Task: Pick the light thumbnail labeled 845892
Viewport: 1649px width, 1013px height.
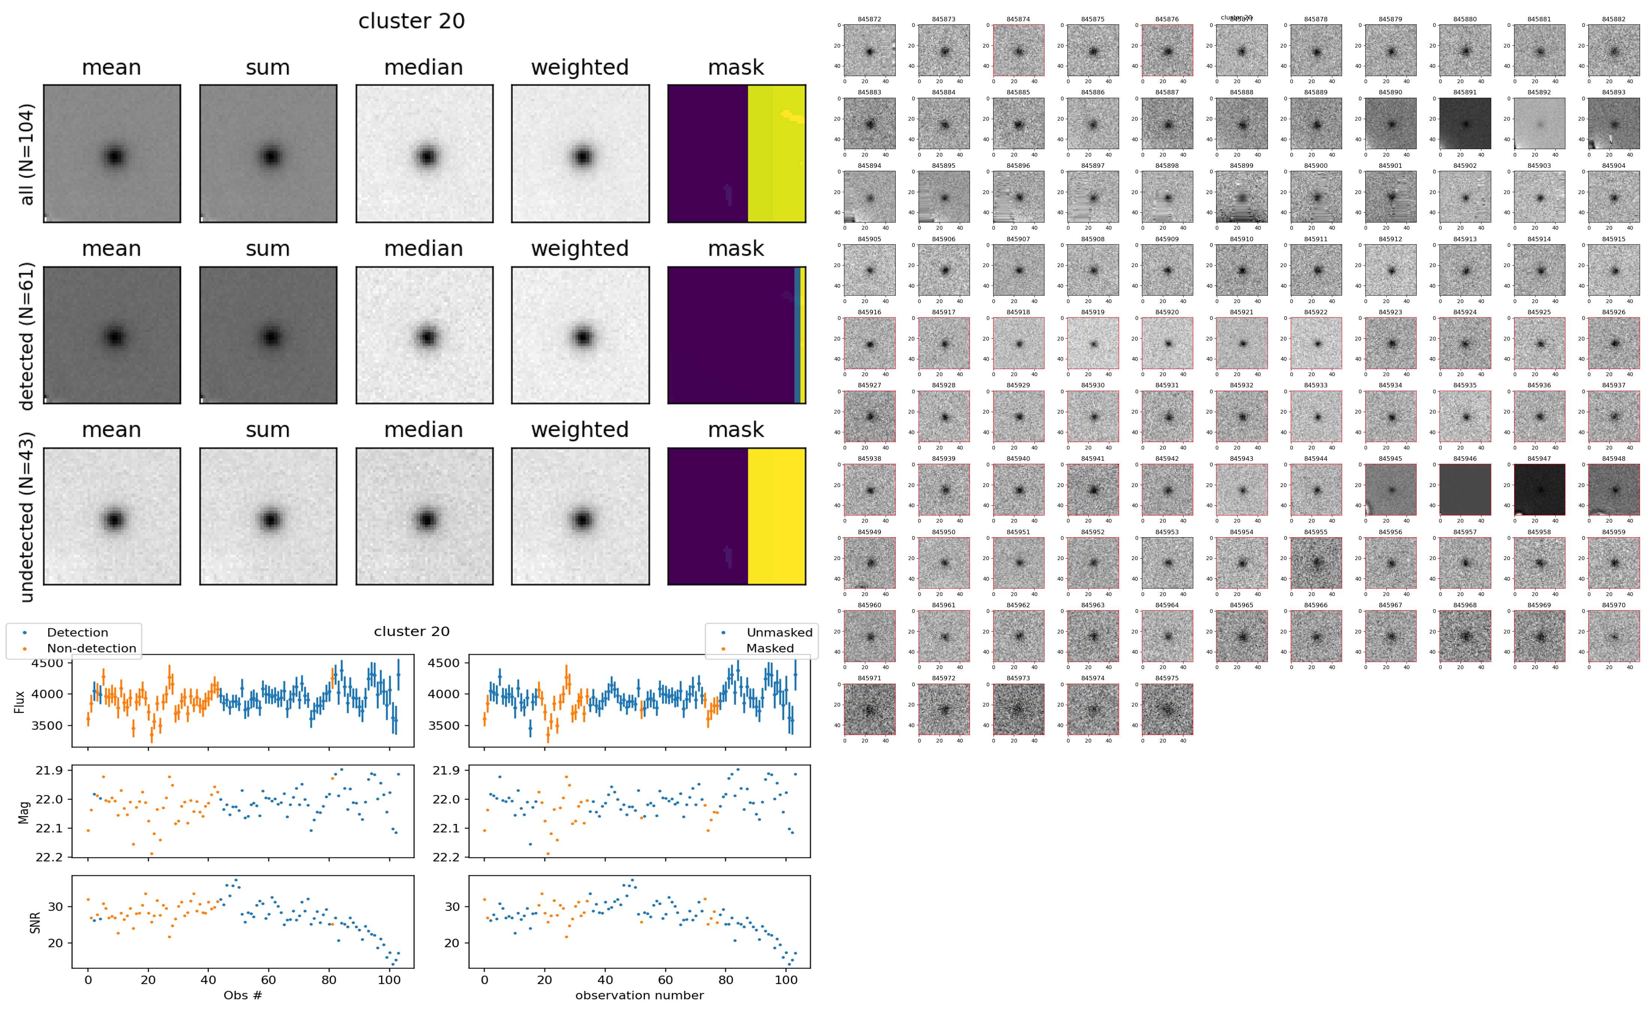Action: point(1539,123)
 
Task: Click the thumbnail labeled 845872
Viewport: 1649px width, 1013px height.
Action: point(869,50)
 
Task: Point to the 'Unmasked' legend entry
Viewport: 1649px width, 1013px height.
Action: point(779,632)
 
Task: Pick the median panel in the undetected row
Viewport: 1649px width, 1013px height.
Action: point(424,517)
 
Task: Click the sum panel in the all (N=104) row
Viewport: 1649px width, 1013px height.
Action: point(268,154)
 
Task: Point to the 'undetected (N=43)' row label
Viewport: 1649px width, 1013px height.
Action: point(27,517)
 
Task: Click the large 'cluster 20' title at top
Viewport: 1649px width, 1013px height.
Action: point(412,21)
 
